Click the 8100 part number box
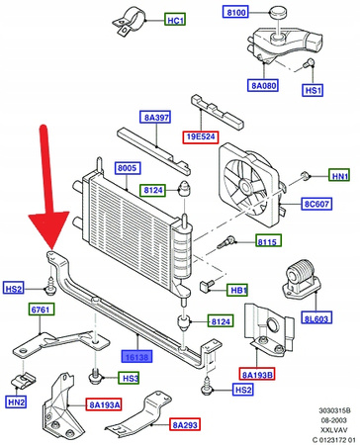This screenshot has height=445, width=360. tap(237, 13)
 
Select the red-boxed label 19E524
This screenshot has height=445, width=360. tap(201, 137)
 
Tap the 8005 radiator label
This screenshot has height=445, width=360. tap(127, 168)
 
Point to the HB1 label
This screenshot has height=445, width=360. tap(237, 290)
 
